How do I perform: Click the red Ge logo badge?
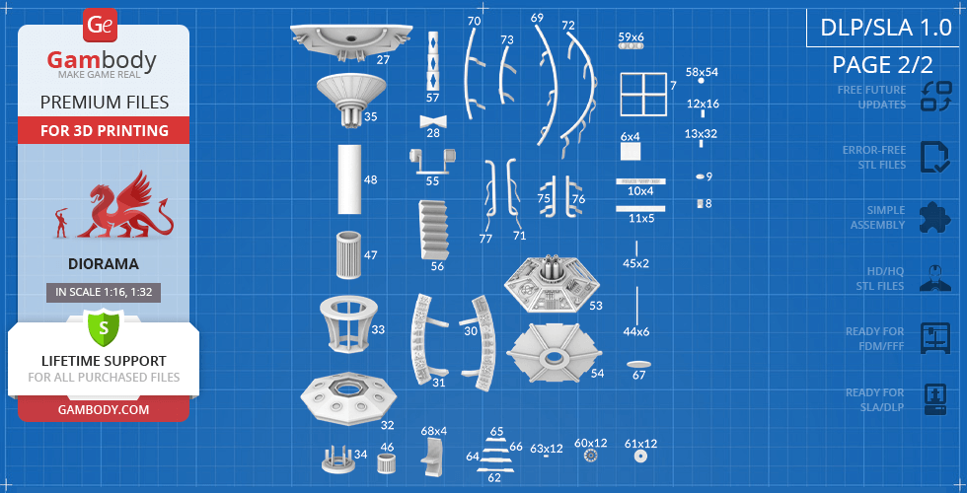click(x=99, y=26)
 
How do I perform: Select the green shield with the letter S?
click(x=104, y=327)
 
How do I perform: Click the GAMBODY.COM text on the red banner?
click(x=104, y=409)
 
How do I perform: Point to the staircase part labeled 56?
click(x=434, y=229)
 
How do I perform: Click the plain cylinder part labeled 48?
click(x=349, y=179)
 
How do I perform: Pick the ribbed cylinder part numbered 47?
click(x=348, y=255)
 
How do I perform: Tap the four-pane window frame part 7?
click(x=643, y=95)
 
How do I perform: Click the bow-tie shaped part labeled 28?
click(x=433, y=120)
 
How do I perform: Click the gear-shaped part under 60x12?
click(x=590, y=456)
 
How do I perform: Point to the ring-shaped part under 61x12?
click(x=640, y=457)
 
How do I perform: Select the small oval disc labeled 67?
click(x=639, y=364)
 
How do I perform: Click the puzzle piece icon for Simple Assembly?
click(x=935, y=218)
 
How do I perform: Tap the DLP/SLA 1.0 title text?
click(x=886, y=29)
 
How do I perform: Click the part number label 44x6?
click(x=636, y=331)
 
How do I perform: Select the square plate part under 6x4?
click(x=631, y=152)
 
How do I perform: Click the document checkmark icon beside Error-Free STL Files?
click(x=935, y=157)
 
